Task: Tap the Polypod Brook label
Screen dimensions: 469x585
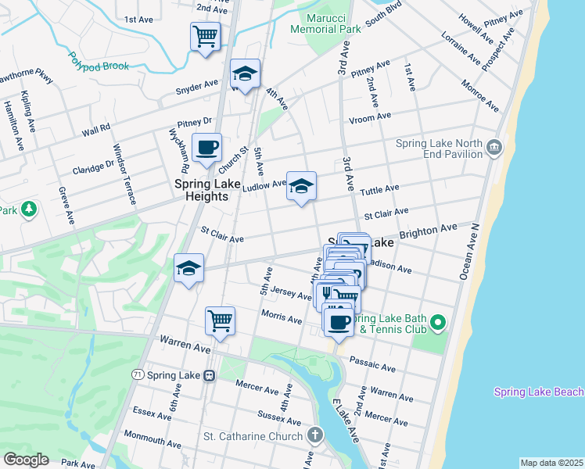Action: (x=98, y=62)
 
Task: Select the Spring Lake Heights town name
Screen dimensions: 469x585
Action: (x=202, y=191)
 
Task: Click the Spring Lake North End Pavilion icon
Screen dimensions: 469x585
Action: (x=493, y=147)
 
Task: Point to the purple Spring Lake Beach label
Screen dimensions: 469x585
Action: (x=538, y=392)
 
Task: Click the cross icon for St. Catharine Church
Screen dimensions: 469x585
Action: (x=314, y=435)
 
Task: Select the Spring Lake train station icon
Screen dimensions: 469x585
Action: (x=209, y=376)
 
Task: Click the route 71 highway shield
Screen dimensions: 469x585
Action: (x=138, y=376)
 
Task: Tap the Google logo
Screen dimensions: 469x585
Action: (x=25, y=460)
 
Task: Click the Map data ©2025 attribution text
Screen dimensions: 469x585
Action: (x=551, y=463)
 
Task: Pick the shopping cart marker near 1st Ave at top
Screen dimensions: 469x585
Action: (x=205, y=36)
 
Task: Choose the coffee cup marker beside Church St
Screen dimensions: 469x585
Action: (x=206, y=147)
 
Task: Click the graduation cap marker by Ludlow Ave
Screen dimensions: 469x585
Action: (x=301, y=186)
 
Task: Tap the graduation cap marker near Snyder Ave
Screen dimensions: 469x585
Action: (x=245, y=75)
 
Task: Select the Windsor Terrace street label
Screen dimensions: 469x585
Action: (x=125, y=174)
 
